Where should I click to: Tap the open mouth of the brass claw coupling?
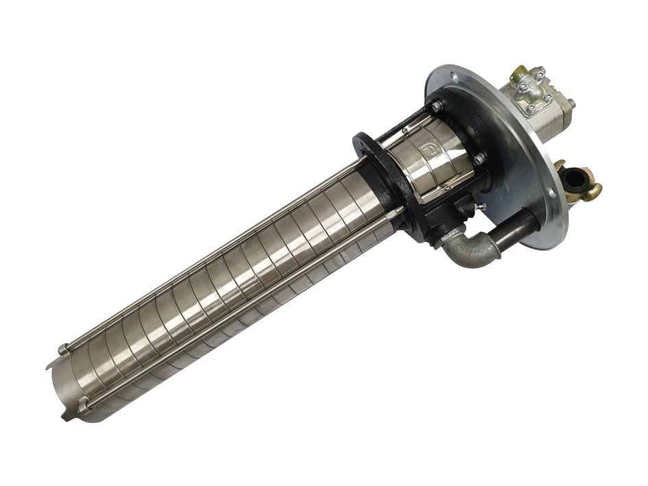572,180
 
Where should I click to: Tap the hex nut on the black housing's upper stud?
436,106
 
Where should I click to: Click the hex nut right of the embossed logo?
479,160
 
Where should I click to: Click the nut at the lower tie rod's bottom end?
85,409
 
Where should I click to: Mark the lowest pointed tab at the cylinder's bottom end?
66,417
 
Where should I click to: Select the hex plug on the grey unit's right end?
568,104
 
